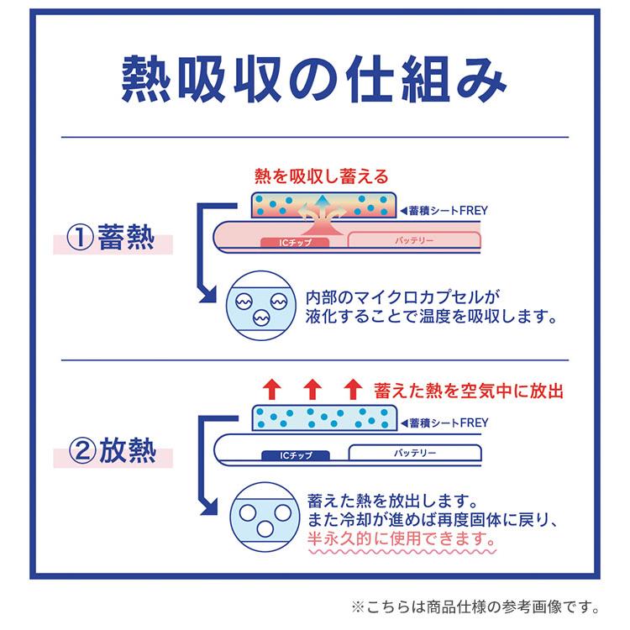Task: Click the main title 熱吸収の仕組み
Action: pos(314,79)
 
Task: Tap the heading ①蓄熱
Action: pos(111,237)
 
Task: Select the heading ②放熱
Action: pos(112,450)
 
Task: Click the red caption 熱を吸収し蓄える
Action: pos(322,176)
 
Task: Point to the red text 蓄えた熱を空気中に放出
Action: pos(469,391)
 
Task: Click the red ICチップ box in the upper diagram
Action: pos(295,242)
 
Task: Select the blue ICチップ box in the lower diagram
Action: pos(296,455)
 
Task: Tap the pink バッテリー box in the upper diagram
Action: pos(414,240)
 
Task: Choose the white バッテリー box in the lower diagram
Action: pos(415,453)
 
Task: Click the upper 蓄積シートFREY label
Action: pos(444,211)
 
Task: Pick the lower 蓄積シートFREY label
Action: pos(444,423)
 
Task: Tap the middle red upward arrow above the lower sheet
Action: pos(312,389)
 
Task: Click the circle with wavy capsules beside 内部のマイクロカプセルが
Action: pos(261,306)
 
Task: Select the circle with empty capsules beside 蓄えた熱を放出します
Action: pos(265,517)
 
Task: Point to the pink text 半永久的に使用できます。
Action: pos(402,538)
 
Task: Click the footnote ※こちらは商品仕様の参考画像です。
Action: pos(475,606)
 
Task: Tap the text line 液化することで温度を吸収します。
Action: pos(431,317)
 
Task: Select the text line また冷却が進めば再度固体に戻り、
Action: pos(433,520)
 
